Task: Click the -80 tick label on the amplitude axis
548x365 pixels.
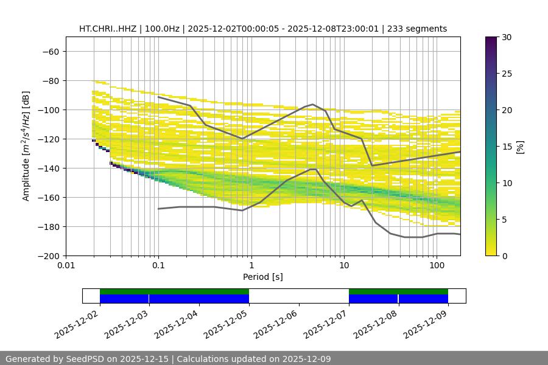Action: coord(50,81)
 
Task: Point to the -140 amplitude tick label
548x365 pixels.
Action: coord(47,169)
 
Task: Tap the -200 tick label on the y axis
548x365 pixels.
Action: coord(47,256)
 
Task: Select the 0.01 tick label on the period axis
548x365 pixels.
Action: coord(66,266)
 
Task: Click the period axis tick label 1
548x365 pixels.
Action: coord(251,266)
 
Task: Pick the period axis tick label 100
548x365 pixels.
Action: coord(436,266)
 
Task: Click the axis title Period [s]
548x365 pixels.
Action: coord(263,277)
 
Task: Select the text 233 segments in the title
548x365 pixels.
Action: coord(421,29)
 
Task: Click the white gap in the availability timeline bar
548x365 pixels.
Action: coord(298,296)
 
